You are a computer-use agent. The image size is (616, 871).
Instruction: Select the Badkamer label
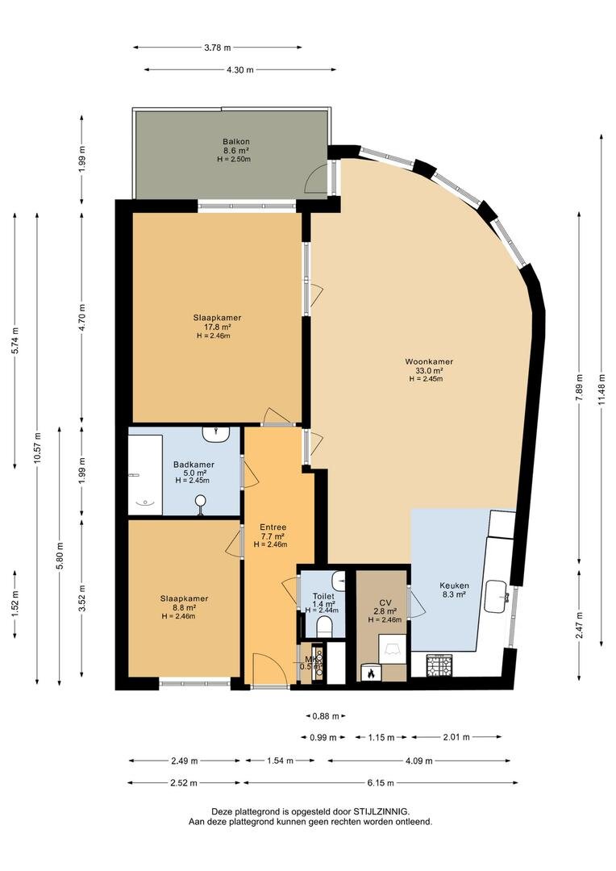click(194, 464)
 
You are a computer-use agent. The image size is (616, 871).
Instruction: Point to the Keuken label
click(453, 586)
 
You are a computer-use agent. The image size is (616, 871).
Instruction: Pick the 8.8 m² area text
click(184, 607)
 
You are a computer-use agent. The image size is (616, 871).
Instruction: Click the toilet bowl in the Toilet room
click(325, 626)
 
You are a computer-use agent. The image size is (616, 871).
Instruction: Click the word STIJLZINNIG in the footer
click(382, 811)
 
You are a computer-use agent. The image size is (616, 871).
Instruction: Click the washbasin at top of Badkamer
click(217, 435)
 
